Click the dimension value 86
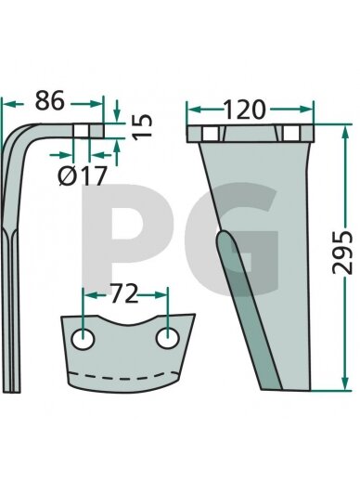coord(49,100)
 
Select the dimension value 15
coord(143,127)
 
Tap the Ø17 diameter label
coord(83,175)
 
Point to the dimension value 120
coord(244,110)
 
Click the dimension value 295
coord(342,253)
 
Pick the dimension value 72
coord(124,293)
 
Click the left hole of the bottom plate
coord(83,340)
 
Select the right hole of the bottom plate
coord(168,338)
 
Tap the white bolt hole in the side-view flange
coord(81,131)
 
